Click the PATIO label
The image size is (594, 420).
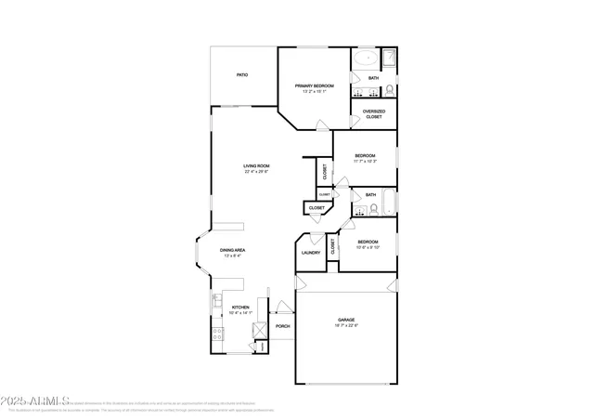click(x=242, y=74)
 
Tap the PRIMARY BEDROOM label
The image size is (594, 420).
click(x=315, y=85)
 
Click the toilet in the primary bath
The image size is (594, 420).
click(x=390, y=90)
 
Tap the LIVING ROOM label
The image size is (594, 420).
click(x=256, y=166)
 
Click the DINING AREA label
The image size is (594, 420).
click(x=232, y=250)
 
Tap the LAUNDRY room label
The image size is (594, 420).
click(x=311, y=253)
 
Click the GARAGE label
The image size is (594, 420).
click(x=345, y=319)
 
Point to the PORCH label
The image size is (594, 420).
click(x=283, y=326)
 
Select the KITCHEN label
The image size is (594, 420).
click(x=240, y=307)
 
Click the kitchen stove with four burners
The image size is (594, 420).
click(x=216, y=334)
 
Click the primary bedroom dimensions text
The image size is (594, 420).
click(x=315, y=91)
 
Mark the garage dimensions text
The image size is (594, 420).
click(x=345, y=324)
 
